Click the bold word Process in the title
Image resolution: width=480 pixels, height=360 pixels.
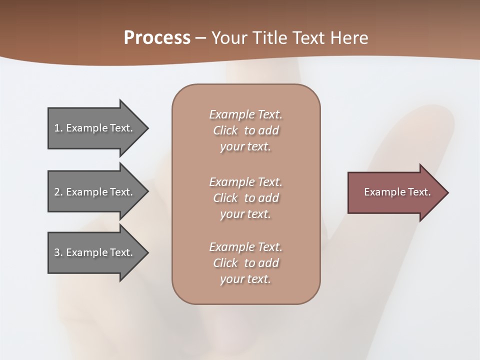157,37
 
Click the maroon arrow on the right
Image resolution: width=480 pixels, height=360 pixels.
390,192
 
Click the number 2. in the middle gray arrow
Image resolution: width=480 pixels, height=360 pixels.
58,192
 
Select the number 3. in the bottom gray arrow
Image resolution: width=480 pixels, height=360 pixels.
58,252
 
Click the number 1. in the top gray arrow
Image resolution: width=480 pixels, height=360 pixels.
58,128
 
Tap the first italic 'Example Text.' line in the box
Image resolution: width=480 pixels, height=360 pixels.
245,114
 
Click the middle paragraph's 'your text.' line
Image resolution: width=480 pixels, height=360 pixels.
245,214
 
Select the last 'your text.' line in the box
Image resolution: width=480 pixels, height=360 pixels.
245,279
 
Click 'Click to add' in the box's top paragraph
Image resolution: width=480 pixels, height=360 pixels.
245,130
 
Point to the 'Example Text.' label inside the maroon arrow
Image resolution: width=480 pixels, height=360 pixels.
397,192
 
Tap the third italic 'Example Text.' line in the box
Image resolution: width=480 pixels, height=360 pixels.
245,247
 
